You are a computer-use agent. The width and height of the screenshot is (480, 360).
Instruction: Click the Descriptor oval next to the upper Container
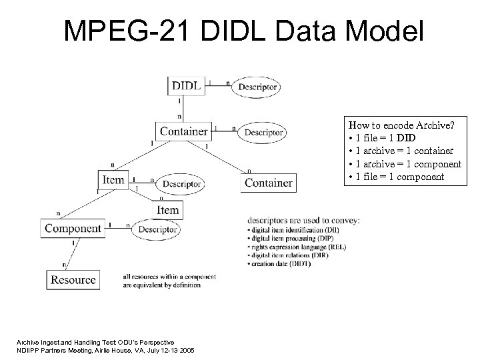tap(262, 132)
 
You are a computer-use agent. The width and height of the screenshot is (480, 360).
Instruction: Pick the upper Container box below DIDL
tap(183, 131)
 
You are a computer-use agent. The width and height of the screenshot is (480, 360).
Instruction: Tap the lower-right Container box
tap(268, 182)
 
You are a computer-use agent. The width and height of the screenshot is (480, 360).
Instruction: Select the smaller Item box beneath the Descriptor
tap(167, 210)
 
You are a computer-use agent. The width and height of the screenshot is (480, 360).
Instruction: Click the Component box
tap(73, 229)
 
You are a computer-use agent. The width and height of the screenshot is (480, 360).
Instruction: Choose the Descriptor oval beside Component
tap(158, 229)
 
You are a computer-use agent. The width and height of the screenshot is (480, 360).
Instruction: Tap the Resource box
tap(73, 279)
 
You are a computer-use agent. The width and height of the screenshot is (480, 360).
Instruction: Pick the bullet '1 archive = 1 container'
tap(401, 151)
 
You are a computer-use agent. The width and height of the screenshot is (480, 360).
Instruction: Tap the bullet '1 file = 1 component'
tap(396, 177)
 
